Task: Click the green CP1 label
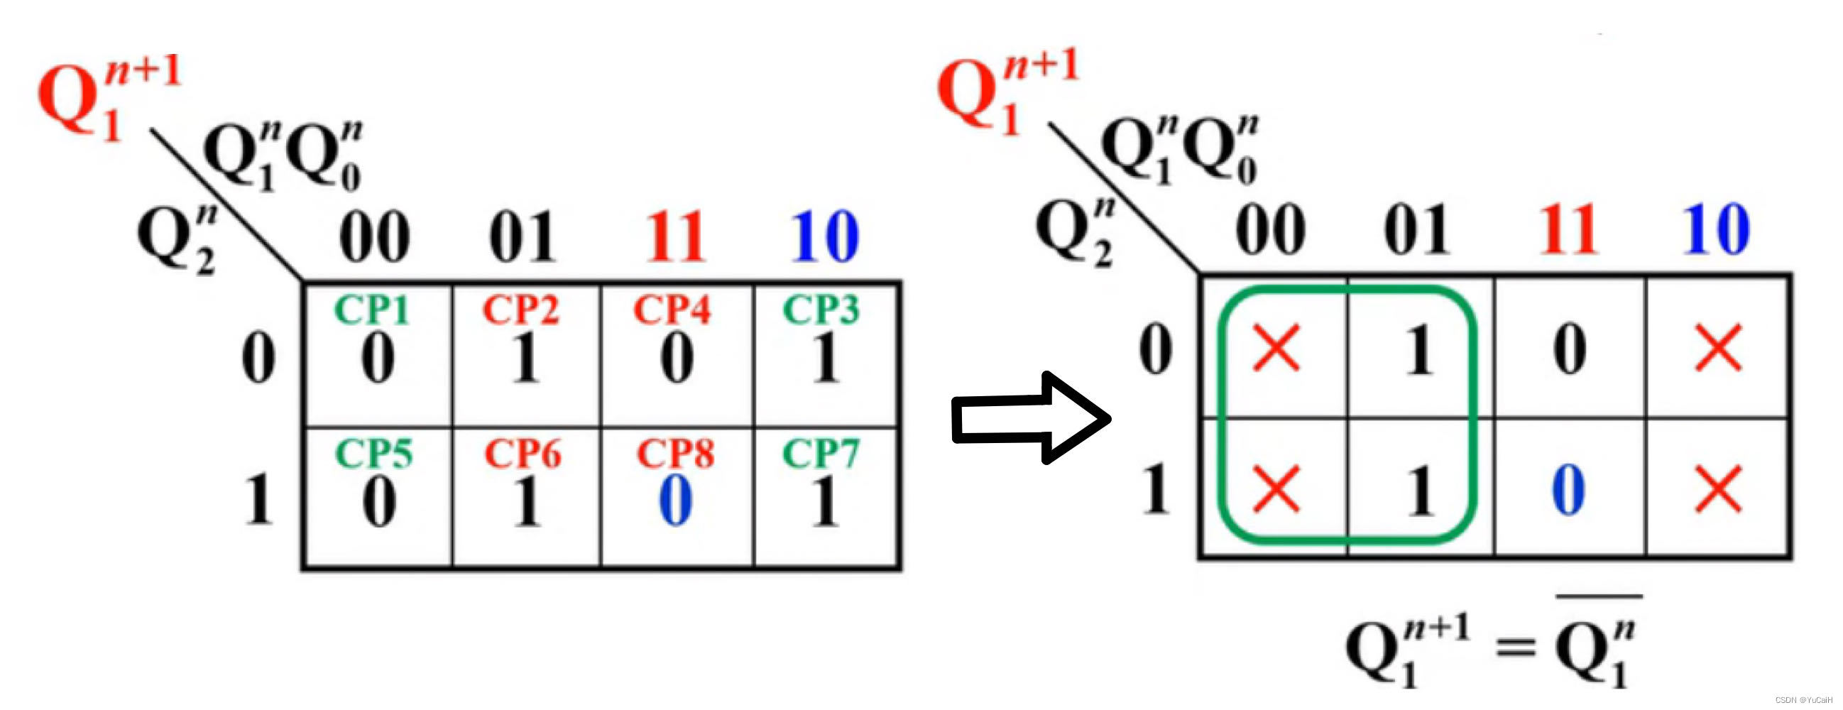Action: [x=371, y=310]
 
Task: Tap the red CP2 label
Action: [x=521, y=310]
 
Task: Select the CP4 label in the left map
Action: [x=672, y=310]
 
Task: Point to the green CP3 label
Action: [x=821, y=310]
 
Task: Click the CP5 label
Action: [x=373, y=453]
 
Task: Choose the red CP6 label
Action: [x=523, y=453]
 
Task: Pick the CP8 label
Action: [x=674, y=453]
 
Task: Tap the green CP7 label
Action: [x=821, y=453]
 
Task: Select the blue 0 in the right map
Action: [x=1568, y=491]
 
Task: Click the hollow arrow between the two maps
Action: [x=1030, y=418]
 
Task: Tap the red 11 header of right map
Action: [x=1568, y=230]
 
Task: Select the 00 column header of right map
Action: [x=1271, y=230]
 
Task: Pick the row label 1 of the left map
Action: [x=258, y=499]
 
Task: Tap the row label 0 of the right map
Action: [x=1156, y=350]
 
